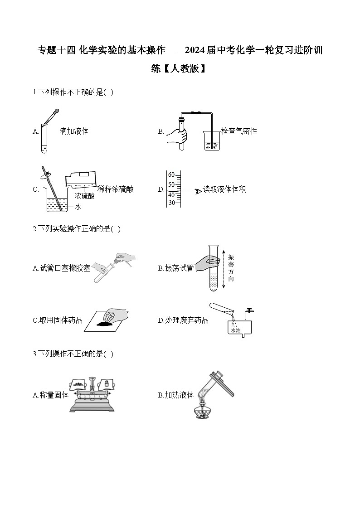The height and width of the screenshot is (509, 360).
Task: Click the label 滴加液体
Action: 74,131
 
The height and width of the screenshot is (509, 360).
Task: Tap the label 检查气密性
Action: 239,131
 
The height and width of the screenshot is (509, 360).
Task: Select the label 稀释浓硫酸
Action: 116,189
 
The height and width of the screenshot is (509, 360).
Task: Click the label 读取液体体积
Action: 224,189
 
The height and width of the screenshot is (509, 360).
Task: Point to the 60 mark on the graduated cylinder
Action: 171,175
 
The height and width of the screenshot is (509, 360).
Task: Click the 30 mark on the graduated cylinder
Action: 171,203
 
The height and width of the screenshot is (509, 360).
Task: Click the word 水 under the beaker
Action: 78,207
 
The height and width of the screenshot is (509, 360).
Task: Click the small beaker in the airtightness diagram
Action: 212,141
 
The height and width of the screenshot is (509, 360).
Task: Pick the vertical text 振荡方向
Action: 231,267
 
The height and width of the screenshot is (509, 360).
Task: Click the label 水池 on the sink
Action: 236,330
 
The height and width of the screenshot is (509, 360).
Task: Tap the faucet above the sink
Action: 248,311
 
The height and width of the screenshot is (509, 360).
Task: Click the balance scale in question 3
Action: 92,394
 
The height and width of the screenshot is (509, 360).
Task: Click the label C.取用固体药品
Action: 58,320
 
